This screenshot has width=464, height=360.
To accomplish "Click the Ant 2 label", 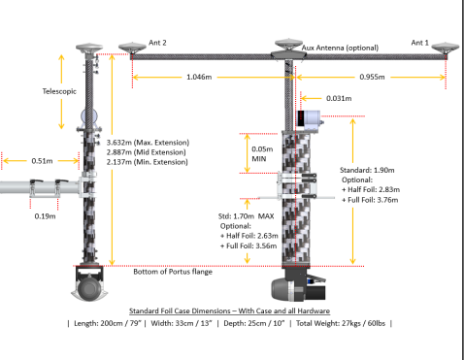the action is click(x=157, y=43).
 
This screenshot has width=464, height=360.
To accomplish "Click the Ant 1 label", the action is click(x=419, y=43).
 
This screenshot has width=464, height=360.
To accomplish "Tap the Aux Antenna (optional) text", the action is click(x=340, y=48).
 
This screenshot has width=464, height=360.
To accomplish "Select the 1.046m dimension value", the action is click(x=199, y=77).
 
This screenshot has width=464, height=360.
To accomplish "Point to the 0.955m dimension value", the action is click(x=372, y=77).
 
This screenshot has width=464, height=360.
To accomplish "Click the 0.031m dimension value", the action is click(x=339, y=98).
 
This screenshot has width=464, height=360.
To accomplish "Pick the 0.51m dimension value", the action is click(x=42, y=161).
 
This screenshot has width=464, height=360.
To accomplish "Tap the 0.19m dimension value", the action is click(x=45, y=216).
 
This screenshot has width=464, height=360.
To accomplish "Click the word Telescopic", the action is click(x=59, y=91).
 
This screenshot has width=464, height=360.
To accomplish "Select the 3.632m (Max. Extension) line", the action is click(x=148, y=143).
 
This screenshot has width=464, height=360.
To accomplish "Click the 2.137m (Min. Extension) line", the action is click(x=148, y=162).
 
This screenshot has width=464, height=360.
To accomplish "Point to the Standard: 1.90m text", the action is click(x=367, y=170).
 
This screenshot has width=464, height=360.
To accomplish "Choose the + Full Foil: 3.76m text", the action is click(x=370, y=200).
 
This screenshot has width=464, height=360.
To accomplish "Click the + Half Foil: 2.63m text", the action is click(x=249, y=236).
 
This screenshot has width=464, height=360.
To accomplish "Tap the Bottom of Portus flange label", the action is click(x=173, y=272).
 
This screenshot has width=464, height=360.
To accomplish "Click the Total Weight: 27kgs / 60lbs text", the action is click(x=341, y=323).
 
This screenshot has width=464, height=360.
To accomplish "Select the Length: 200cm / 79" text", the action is click(x=108, y=323).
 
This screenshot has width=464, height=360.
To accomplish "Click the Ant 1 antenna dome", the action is click(x=446, y=48).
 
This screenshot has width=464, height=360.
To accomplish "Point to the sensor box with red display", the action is click(x=310, y=119).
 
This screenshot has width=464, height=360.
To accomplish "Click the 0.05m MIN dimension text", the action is click(x=262, y=154).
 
